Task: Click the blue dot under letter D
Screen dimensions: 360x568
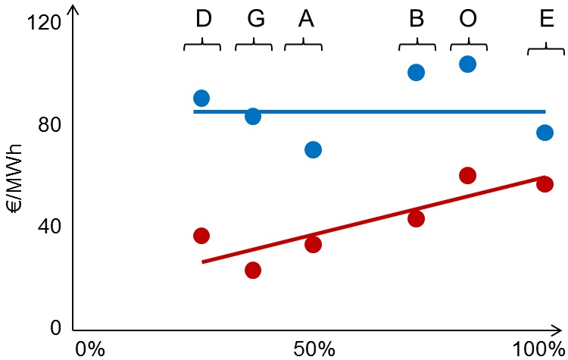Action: click(x=201, y=99)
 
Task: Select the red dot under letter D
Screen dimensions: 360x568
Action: click(x=201, y=236)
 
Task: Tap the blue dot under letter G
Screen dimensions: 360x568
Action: click(x=253, y=117)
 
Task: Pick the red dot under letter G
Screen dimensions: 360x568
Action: click(x=253, y=271)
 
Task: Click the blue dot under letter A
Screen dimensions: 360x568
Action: click(x=313, y=150)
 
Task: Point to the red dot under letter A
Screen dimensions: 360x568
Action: click(x=313, y=245)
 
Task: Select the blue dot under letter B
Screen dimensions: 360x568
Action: click(x=416, y=73)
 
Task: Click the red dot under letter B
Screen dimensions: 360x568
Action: click(x=416, y=219)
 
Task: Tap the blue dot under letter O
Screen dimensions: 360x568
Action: click(x=467, y=64)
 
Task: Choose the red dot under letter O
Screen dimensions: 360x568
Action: click(x=467, y=176)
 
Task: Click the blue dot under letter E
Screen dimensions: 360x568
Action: click(x=545, y=133)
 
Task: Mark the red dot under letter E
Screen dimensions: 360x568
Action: click(x=545, y=184)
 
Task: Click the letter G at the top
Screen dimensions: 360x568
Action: click(x=256, y=20)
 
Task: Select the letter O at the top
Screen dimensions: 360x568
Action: click(x=468, y=20)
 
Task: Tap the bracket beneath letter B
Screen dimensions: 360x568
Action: click(x=417, y=45)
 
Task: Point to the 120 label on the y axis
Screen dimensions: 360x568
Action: click(x=42, y=23)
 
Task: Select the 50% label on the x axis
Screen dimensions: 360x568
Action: click(x=314, y=349)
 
